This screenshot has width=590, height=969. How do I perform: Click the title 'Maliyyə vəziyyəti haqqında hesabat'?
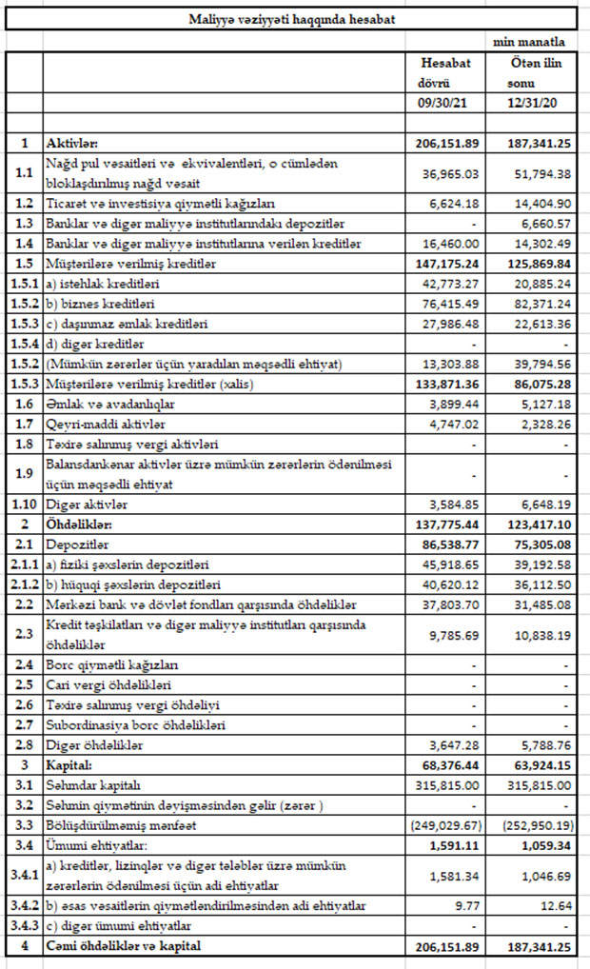point(293,19)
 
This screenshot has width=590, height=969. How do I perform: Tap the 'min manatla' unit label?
point(529,43)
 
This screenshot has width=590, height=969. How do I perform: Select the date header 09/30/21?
point(445,100)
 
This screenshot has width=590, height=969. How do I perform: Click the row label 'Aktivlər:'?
point(79,143)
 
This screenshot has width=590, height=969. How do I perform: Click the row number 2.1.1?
point(23,564)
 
